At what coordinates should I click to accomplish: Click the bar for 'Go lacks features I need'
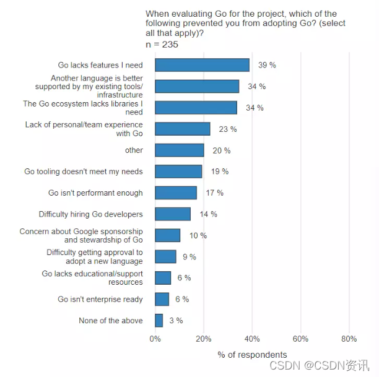click(x=202, y=65)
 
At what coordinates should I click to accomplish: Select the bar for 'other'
click(x=180, y=150)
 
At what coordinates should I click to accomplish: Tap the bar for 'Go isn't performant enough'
click(x=176, y=193)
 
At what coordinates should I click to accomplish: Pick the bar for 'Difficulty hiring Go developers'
click(x=173, y=214)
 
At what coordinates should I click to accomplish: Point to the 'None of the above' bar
click(x=159, y=321)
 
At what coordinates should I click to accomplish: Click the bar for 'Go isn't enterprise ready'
click(x=162, y=299)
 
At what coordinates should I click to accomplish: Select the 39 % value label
click(x=266, y=65)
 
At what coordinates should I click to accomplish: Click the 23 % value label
click(x=227, y=129)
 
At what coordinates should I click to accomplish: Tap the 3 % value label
click(x=176, y=321)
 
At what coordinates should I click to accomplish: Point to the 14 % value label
click(x=208, y=214)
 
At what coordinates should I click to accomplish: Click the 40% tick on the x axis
click(x=252, y=339)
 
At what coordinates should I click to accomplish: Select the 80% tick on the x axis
click(x=349, y=339)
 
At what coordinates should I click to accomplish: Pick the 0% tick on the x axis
click(x=155, y=339)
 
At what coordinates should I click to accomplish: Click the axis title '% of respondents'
click(x=252, y=355)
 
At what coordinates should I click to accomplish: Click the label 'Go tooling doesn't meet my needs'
click(x=84, y=171)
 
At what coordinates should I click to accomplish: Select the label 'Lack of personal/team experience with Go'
click(x=84, y=129)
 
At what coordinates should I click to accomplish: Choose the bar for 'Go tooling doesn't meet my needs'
click(x=178, y=171)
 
